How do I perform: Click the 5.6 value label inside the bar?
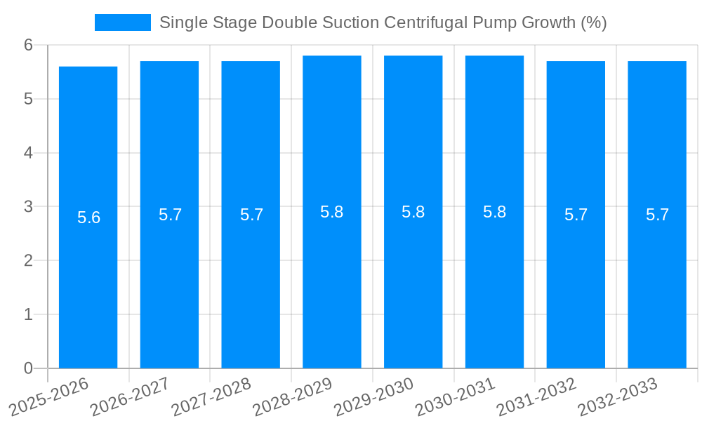[88, 218]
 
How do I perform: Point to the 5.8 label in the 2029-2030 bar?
[413, 212]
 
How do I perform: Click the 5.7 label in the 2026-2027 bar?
[170, 215]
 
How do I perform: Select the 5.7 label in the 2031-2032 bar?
[576, 215]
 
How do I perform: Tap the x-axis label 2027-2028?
[211, 396]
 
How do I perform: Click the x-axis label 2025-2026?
[49, 396]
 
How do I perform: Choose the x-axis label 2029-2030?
[373, 396]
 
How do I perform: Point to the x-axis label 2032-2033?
[617, 396]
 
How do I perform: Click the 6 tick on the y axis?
[28, 45]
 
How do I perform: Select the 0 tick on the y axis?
[28, 368]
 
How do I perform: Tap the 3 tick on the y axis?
[28, 207]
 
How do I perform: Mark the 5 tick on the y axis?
[28, 99]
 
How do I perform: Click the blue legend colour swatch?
[122, 22]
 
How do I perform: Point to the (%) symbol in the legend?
[593, 22]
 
